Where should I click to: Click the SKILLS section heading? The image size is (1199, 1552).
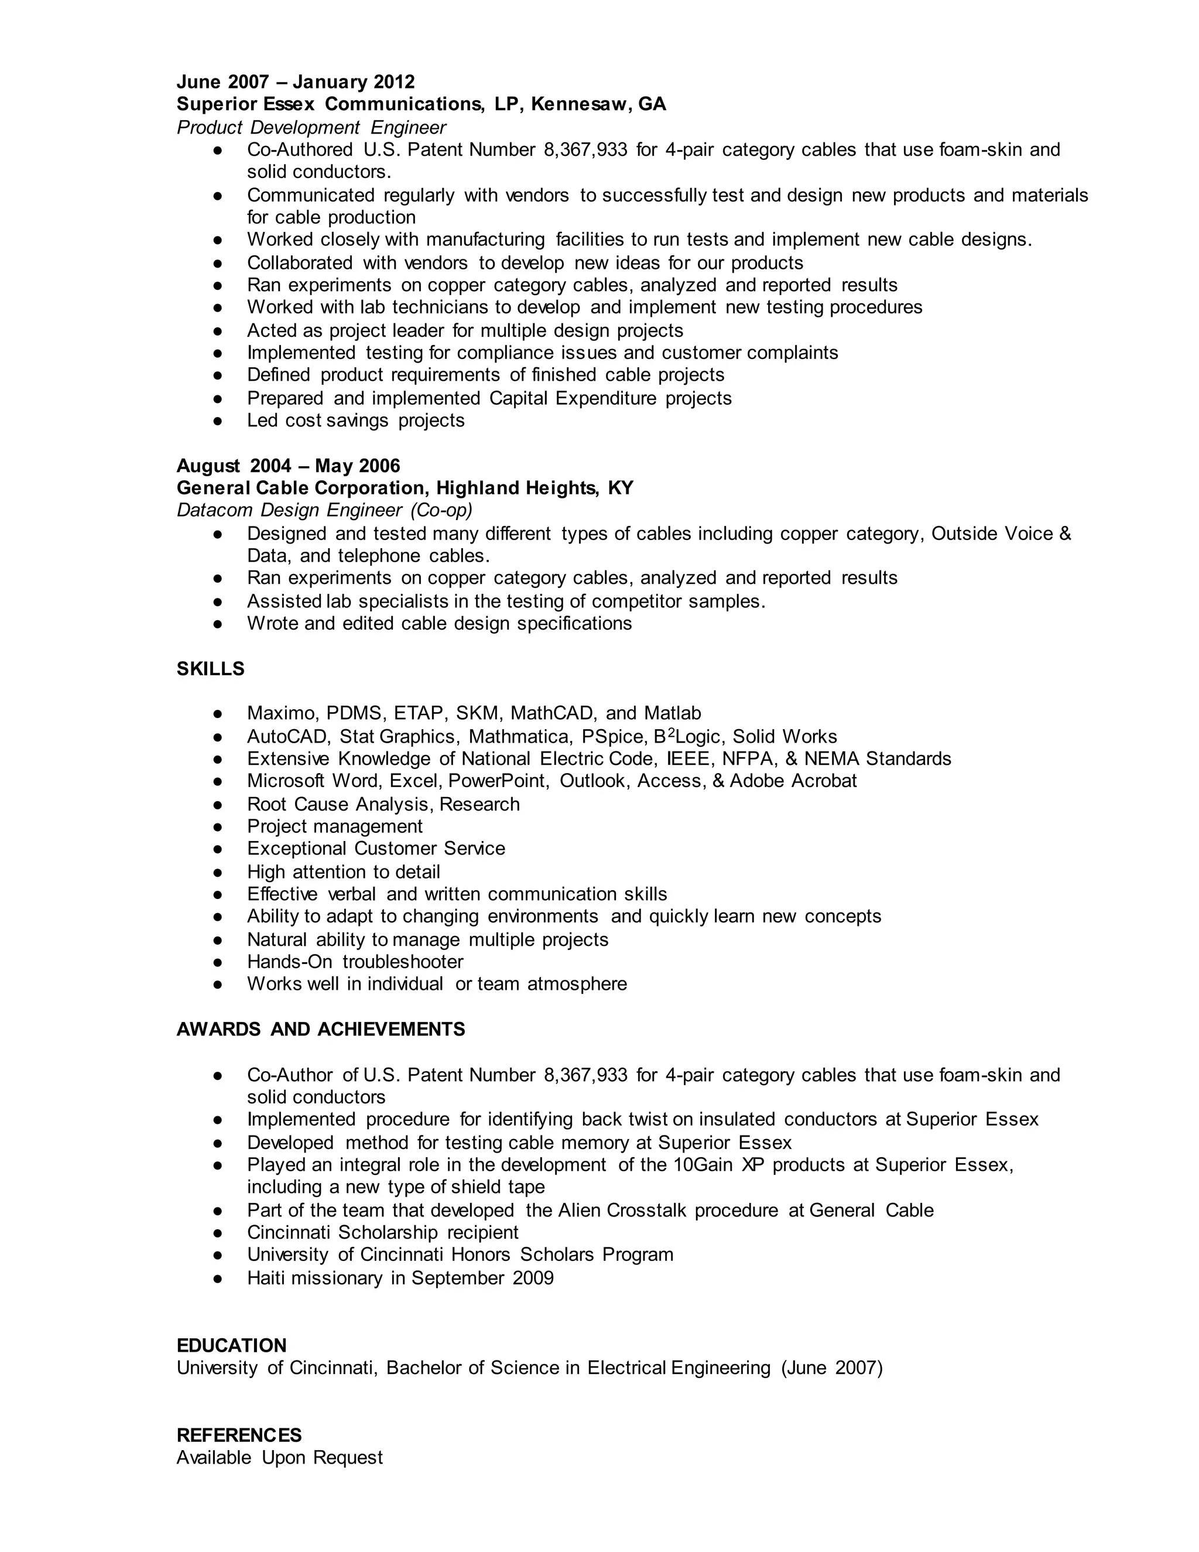pos(210,669)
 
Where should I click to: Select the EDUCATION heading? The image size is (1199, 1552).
pos(232,1345)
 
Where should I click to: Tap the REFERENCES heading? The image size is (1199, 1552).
pos(239,1435)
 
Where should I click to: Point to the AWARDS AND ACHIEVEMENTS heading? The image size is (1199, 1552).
pos(320,1029)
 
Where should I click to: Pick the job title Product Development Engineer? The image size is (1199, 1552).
pos(311,127)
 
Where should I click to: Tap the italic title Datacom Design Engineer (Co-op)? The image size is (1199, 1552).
pos(324,510)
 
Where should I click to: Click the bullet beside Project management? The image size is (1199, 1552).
pos(218,826)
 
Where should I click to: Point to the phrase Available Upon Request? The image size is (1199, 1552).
pos(280,1458)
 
